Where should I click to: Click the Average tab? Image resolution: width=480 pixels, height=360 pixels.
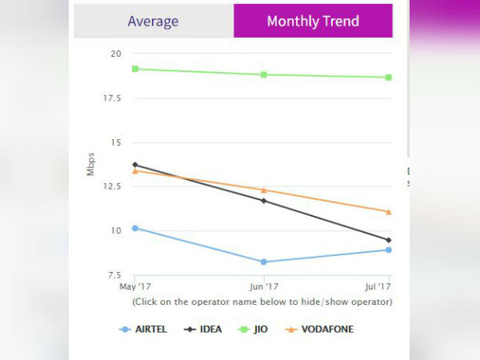154,21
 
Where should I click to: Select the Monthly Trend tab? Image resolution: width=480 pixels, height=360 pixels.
313,21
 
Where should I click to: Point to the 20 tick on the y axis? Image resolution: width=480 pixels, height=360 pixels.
116,54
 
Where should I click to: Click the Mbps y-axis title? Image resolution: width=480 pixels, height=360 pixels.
91,165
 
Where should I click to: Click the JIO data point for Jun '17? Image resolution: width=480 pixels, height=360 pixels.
263,74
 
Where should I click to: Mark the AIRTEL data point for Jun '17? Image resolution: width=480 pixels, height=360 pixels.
263,262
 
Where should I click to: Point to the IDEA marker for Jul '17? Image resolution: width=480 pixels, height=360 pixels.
389,240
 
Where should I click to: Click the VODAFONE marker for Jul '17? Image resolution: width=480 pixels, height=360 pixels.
389,212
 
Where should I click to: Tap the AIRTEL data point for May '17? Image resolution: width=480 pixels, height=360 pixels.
135,228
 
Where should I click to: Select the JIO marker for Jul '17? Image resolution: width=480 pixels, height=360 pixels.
389,78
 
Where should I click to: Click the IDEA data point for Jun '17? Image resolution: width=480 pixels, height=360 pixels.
263,200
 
